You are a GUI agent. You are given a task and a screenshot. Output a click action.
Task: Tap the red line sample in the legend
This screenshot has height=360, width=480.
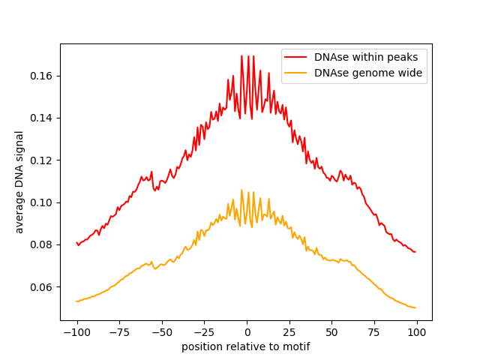297,56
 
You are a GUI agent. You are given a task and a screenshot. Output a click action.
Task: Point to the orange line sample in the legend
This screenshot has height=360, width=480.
297,73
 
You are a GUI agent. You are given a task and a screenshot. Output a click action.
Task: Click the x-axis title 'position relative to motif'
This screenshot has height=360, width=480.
246,346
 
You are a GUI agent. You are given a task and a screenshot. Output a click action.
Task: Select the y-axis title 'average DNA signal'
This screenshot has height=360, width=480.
19,181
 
